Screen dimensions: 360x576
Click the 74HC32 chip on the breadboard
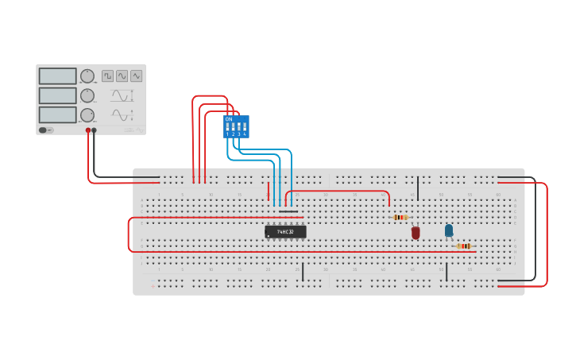point(285,231)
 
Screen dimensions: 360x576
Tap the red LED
point(416,232)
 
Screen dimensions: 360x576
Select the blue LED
point(449,230)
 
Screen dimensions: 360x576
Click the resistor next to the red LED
point(401,217)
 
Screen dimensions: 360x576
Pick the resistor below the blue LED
point(464,246)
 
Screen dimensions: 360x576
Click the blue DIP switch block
point(236,126)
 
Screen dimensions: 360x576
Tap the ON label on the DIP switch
point(229,119)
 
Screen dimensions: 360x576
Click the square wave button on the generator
point(107,76)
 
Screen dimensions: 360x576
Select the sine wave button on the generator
point(122,76)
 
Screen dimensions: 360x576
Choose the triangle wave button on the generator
point(136,76)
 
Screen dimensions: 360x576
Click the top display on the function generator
point(57,76)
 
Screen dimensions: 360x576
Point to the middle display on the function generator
point(57,95)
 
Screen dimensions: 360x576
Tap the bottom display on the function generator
point(57,114)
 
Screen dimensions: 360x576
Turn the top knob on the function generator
point(87,75)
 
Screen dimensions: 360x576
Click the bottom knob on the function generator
point(87,115)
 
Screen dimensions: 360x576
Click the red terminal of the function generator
point(88,130)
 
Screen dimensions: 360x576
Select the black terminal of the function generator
point(95,130)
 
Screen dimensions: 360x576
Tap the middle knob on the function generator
point(87,95)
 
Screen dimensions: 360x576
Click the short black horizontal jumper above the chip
point(288,211)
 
